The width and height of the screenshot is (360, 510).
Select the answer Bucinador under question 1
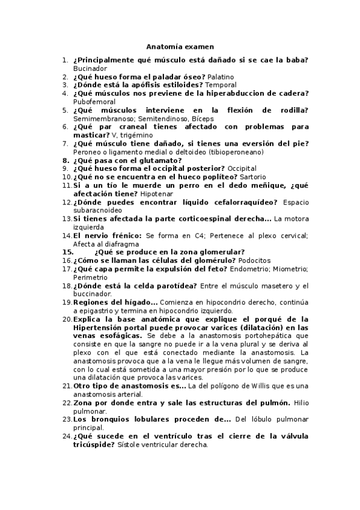(x=90, y=69)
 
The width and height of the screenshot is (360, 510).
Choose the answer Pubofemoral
(x=94, y=102)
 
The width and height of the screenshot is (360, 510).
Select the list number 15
(x=67, y=252)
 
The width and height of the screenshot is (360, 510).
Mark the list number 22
(x=67, y=402)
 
